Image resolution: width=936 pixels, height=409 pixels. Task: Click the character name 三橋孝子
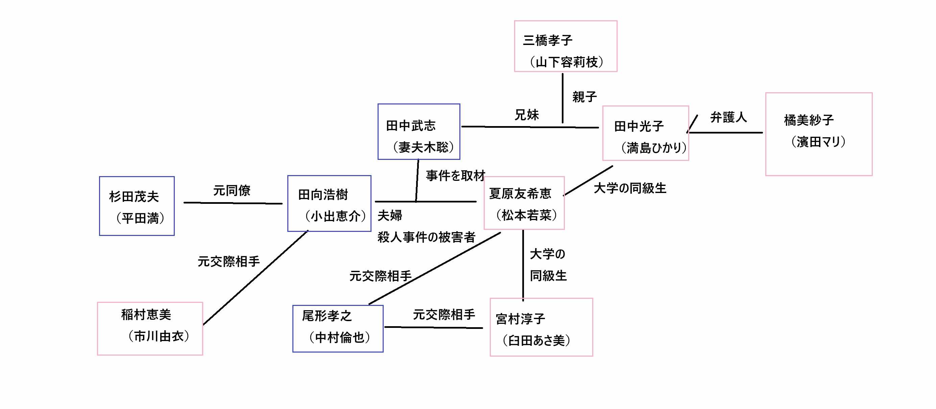(548, 40)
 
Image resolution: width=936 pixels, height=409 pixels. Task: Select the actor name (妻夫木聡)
(423, 147)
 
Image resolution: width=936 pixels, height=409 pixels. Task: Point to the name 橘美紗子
(809, 120)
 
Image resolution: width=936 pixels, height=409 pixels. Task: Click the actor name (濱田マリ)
(818, 141)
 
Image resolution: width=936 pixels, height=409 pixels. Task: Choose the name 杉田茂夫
(134, 196)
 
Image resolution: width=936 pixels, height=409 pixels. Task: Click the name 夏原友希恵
(520, 193)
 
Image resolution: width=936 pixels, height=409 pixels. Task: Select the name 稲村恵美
(146, 315)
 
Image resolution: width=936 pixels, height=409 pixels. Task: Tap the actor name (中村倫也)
(339, 337)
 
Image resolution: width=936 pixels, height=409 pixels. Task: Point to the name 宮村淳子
(520, 319)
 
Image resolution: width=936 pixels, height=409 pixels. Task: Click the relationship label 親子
(584, 97)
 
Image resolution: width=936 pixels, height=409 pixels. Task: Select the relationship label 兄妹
(527, 115)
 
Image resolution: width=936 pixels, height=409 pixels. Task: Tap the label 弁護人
(728, 117)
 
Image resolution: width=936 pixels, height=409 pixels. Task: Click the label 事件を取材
(455, 175)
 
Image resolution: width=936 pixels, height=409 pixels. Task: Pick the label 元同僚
(232, 190)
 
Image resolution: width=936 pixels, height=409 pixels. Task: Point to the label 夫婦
(389, 215)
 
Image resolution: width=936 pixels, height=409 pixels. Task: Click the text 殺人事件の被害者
(426, 237)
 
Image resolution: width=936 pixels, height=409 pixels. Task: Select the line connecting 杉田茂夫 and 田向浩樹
(233, 203)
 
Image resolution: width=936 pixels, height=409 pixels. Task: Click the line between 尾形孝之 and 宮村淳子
(433, 327)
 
